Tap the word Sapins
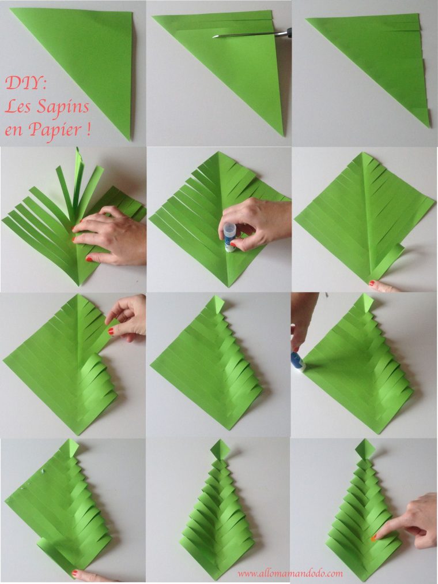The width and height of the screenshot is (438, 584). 63,108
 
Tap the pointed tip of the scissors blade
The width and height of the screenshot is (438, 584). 214,36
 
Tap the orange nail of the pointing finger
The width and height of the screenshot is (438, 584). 373,537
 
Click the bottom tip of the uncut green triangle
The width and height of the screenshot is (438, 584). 130,139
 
